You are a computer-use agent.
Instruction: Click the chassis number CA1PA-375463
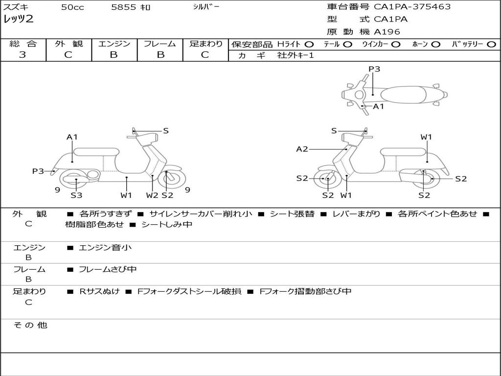(x=412, y=7)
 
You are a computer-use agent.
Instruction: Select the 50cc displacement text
(x=72, y=7)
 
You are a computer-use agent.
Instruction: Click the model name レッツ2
(x=18, y=20)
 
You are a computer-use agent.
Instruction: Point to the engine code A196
(x=387, y=32)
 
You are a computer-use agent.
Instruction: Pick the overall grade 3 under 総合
(x=23, y=55)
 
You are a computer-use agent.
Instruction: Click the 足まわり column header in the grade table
(x=205, y=44)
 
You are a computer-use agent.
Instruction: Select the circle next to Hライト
(x=309, y=44)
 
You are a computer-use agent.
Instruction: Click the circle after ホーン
(x=436, y=44)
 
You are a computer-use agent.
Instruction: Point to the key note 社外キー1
(x=296, y=55)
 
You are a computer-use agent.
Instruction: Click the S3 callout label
(x=76, y=195)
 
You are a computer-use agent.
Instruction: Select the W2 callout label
(x=152, y=195)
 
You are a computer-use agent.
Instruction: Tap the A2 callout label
(x=302, y=149)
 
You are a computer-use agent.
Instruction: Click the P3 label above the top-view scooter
(x=374, y=69)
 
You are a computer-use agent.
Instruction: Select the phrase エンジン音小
(x=105, y=248)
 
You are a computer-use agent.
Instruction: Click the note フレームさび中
(x=108, y=269)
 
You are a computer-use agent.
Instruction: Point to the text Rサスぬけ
(x=100, y=291)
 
